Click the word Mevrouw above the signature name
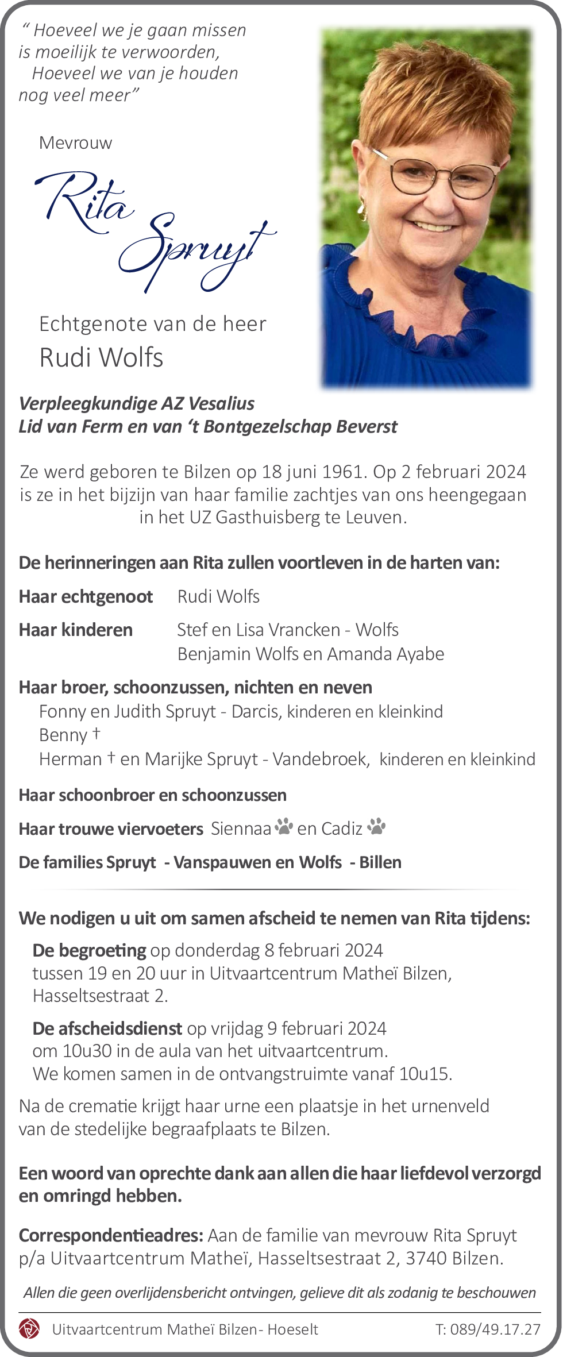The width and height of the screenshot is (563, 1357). [x=75, y=142]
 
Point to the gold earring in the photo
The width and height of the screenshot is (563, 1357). [x=363, y=210]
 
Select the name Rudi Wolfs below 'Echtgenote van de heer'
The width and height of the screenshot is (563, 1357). [x=101, y=357]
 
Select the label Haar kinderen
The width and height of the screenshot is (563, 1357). [x=76, y=630]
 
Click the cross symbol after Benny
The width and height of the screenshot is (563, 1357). [x=96, y=733]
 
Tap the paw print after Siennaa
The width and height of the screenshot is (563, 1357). [x=283, y=827]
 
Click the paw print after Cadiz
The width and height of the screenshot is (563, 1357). [x=376, y=827]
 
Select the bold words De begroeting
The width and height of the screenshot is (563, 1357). [x=89, y=950]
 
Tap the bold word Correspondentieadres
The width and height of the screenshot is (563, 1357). [x=110, y=1235]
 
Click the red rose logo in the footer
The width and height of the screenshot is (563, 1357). [x=29, y=1329]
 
